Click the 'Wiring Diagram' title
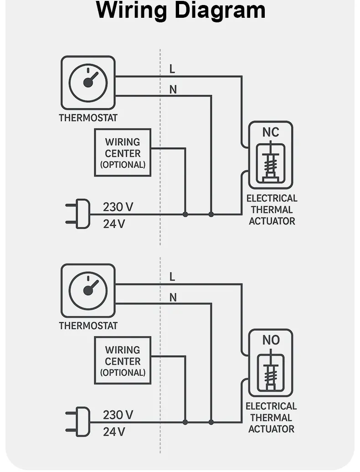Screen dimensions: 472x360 [x=180, y=11]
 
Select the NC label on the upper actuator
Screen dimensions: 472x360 [x=271, y=132]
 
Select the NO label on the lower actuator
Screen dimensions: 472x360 [x=271, y=340]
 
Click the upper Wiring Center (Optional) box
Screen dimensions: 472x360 [x=123, y=153]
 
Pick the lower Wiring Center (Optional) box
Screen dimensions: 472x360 [x=123, y=361]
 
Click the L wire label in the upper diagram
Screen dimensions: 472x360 [x=172, y=69]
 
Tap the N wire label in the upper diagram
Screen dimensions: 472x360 [x=173, y=90]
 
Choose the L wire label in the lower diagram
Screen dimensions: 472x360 [x=172, y=277]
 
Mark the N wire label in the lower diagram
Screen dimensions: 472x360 [x=173, y=298]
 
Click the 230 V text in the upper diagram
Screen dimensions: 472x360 [x=118, y=207]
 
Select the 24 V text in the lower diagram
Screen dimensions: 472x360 [x=114, y=431]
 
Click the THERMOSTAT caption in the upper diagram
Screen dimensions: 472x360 [x=88, y=118]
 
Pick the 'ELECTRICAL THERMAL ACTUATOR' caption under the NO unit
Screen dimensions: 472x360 [x=271, y=417]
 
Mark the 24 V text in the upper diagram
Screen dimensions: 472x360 [x=114, y=224]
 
